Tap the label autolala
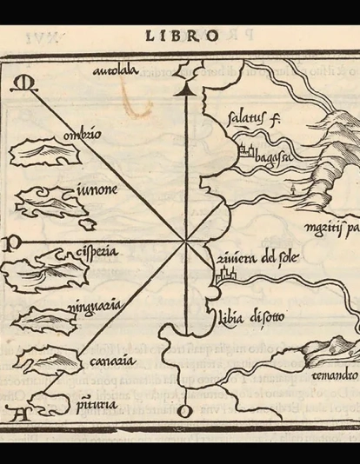[117, 74]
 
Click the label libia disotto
[245, 315]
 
